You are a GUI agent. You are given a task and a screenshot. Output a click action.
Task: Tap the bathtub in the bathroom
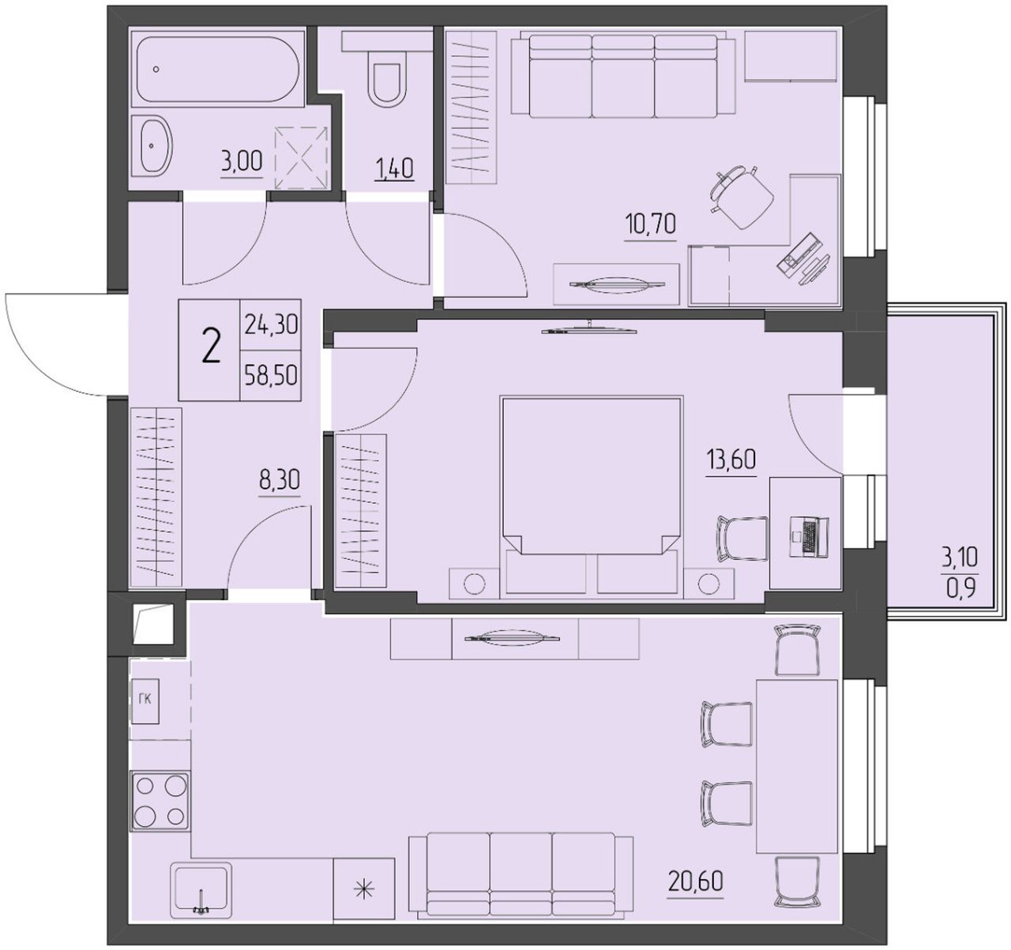[x=217, y=69]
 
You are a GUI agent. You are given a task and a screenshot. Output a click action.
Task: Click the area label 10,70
[x=651, y=223]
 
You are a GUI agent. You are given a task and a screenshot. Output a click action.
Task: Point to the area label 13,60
[x=731, y=460]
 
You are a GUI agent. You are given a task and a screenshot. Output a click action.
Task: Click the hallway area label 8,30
[x=279, y=480]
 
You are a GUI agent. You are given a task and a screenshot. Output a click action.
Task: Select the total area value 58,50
[x=271, y=376]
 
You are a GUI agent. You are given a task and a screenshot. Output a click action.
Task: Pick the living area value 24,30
[x=271, y=325]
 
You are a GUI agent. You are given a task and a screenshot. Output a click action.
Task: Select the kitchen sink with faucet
[x=201, y=891]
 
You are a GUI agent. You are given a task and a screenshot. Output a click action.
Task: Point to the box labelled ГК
[x=145, y=701]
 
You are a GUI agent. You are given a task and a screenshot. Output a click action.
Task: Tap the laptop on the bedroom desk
[x=810, y=535]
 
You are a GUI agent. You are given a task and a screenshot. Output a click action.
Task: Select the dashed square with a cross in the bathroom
[x=301, y=157]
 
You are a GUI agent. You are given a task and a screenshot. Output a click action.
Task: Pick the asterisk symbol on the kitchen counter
[x=364, y=889]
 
